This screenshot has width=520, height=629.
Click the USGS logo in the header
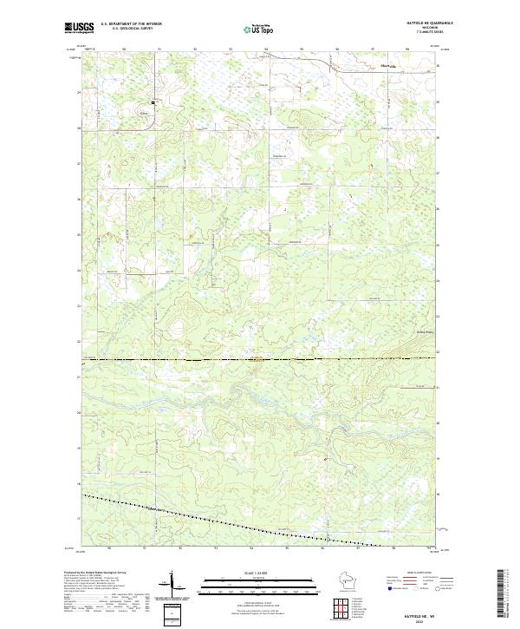click(79, 28)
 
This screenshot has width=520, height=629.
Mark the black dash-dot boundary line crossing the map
click(260, 358)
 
